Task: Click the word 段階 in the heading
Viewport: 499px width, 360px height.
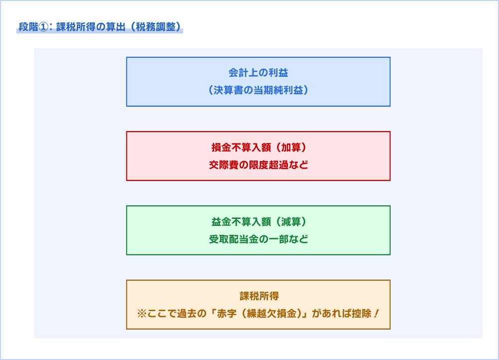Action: coord(28,27)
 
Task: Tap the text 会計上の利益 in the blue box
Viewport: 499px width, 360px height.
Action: coord(258,73)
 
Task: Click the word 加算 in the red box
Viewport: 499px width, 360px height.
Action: coord(288,148)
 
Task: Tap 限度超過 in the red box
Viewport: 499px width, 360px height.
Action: coord(268,165)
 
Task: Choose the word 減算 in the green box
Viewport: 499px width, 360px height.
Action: coord(288,222)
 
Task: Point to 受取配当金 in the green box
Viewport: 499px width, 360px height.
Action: coord(234,239)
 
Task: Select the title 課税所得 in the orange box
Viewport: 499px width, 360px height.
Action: coord(258,296)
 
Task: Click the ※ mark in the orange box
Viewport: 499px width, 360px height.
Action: coord(141,314)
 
